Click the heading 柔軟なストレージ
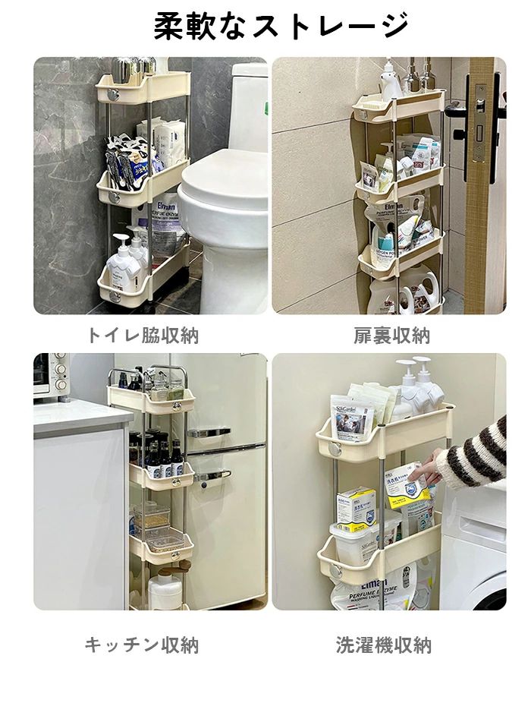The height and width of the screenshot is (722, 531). pos(281,27)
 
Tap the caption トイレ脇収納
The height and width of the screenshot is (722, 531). pos(143,336)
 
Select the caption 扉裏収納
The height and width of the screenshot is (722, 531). pos(391,336)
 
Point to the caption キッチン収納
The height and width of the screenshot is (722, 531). pos(142,645)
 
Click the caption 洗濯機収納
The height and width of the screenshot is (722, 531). pos(384,645)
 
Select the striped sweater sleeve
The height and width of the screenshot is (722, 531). pos(474,453)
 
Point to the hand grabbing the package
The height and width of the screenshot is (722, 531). pos(423,468)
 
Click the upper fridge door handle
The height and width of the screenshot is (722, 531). pos(209,433)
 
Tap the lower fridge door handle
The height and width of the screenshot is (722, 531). pos(212,475)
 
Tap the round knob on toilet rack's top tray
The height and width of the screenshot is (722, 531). pos(113,96)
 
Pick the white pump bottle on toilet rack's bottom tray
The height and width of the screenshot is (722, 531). pos(122,265)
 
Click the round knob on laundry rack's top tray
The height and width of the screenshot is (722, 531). pos(334,448)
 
